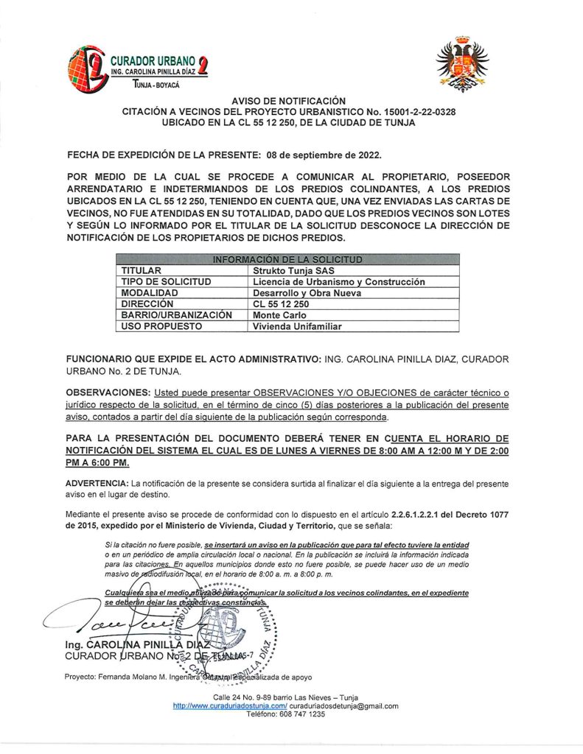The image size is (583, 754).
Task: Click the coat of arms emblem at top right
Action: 462,65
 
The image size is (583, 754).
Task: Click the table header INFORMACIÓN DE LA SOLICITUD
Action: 288,259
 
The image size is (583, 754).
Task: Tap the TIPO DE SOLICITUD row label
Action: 167,281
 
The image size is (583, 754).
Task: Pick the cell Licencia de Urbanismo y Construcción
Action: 338,281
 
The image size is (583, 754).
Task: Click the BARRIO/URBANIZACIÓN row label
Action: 177,314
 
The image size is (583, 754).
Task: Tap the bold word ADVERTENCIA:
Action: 97,482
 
